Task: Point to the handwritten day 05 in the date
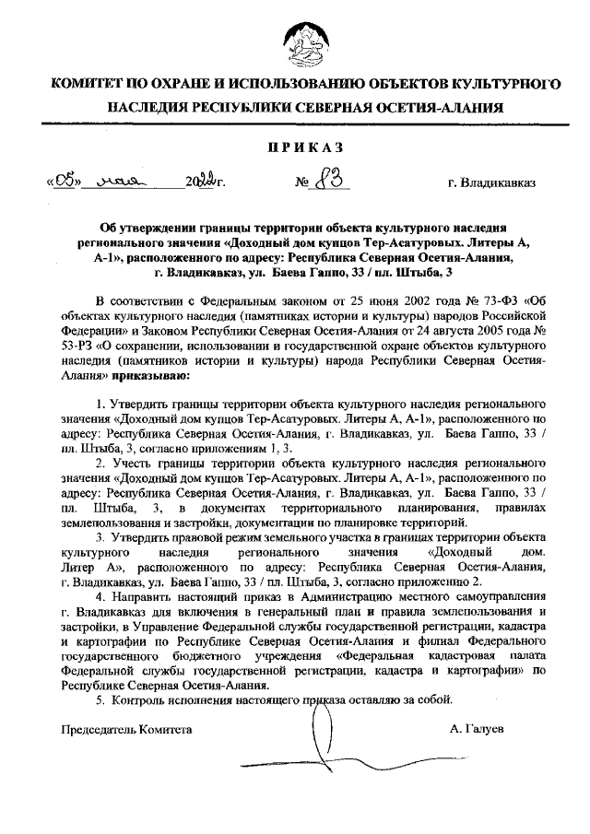65,180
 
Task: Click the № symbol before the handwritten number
301,182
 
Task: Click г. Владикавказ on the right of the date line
491,182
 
